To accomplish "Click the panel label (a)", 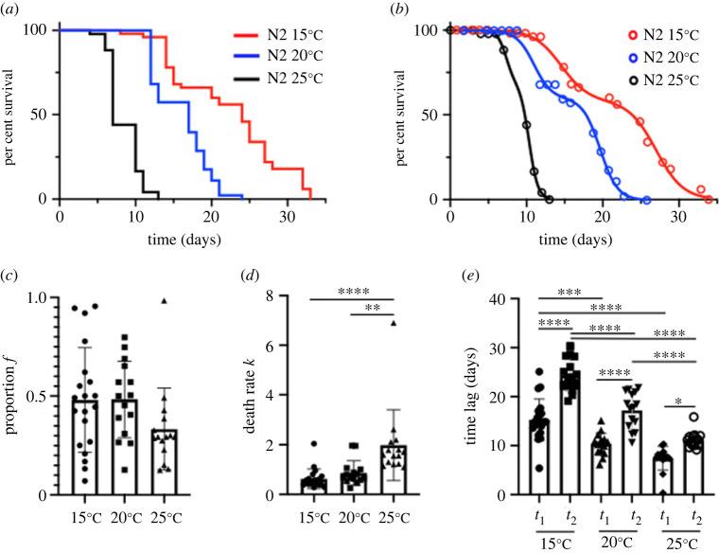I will pos(14,10).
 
